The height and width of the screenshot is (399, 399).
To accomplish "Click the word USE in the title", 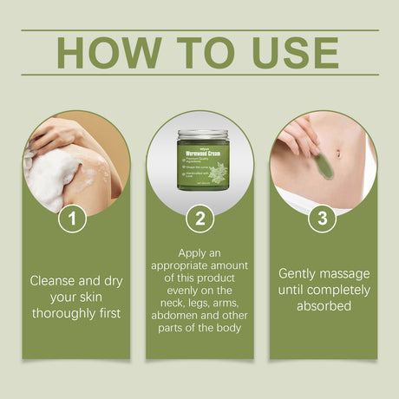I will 293,53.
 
